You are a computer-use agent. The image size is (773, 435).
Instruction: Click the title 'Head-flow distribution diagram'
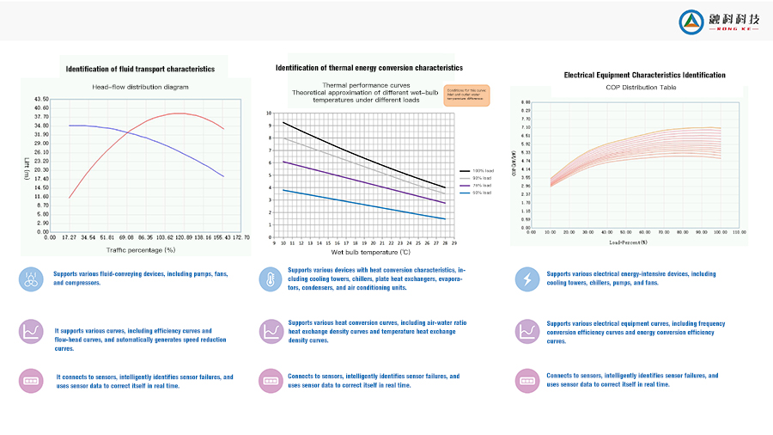140,88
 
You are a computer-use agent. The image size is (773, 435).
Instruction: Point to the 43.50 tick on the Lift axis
41,100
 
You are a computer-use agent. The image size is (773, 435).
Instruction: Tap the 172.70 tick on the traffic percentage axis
242,236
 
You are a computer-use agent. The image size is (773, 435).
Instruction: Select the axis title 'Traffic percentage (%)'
141,249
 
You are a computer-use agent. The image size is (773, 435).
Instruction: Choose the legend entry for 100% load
476,172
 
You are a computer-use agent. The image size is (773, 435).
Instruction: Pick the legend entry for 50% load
476,193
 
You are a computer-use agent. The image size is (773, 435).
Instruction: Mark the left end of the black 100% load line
283,122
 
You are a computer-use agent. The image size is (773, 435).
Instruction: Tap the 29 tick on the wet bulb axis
453,244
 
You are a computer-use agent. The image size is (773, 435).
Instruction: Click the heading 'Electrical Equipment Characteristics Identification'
644,76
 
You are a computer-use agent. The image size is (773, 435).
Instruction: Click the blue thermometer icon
270,279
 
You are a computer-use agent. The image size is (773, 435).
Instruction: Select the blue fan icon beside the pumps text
31,278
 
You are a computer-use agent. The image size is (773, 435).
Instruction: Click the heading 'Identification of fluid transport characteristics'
141,69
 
